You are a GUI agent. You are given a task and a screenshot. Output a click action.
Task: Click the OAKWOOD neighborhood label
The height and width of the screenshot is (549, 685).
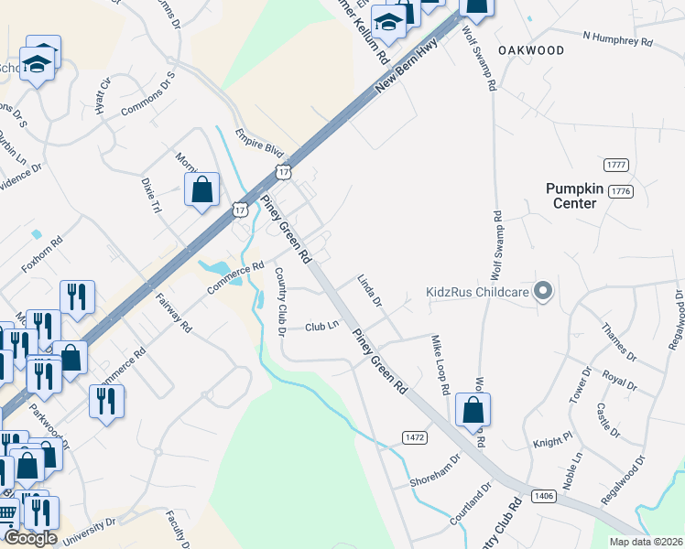(531, 50)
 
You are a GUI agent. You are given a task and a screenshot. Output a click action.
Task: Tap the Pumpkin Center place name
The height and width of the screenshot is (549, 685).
(575, 195)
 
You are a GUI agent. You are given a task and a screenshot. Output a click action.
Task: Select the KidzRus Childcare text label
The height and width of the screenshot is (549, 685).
(479, 293)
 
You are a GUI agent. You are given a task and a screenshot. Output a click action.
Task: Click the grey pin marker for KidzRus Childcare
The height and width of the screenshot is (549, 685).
(543, 292)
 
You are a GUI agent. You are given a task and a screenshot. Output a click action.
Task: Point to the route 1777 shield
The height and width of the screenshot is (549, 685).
(616, 165)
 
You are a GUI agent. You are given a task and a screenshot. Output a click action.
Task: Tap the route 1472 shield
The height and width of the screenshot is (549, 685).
(414, 438)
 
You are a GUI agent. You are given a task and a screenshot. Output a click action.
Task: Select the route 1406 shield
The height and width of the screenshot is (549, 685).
(542, 495)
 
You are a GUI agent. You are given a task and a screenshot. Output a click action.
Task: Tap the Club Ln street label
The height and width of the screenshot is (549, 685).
(322, 325)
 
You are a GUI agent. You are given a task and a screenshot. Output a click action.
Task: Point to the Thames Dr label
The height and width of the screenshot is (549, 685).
(618, 340)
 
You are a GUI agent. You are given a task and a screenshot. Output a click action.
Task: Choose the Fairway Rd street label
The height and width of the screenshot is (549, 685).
(174, 313)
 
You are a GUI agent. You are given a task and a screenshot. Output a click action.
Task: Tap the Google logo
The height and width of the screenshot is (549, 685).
(31, 538)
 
